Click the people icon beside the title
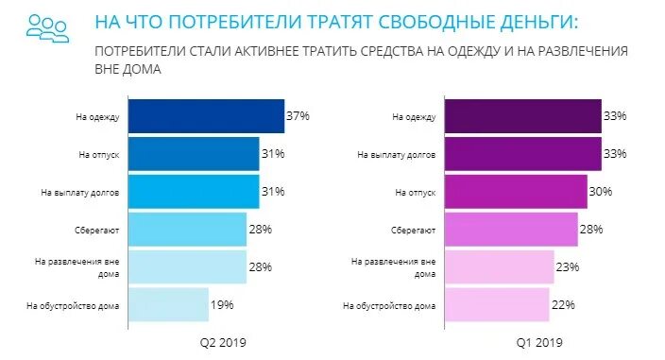(x=46, y=26)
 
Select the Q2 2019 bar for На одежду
(x=205, y=116)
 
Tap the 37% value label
(x=298, y=115)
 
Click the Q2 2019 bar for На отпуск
(x=193, y=154)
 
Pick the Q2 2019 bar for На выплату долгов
(x=193, y=192)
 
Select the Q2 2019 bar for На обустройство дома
(x=167, y=305)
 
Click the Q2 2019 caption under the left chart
(x=220, y=342)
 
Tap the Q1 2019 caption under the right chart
(x=540, y=342)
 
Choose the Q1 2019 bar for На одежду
(x=522, y=116)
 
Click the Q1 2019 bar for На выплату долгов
(x=522, y=154)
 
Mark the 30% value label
(x=601, y=192)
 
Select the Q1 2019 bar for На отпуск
(x=515, y=192)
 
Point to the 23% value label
(x=568, y=267)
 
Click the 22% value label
(x=563, y=304)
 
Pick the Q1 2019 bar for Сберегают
(x=510, y=230)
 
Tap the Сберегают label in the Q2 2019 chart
(x=97, y=230)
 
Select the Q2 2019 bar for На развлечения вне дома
(x=186, y=267)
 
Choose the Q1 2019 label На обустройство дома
(x=389, y=305)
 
